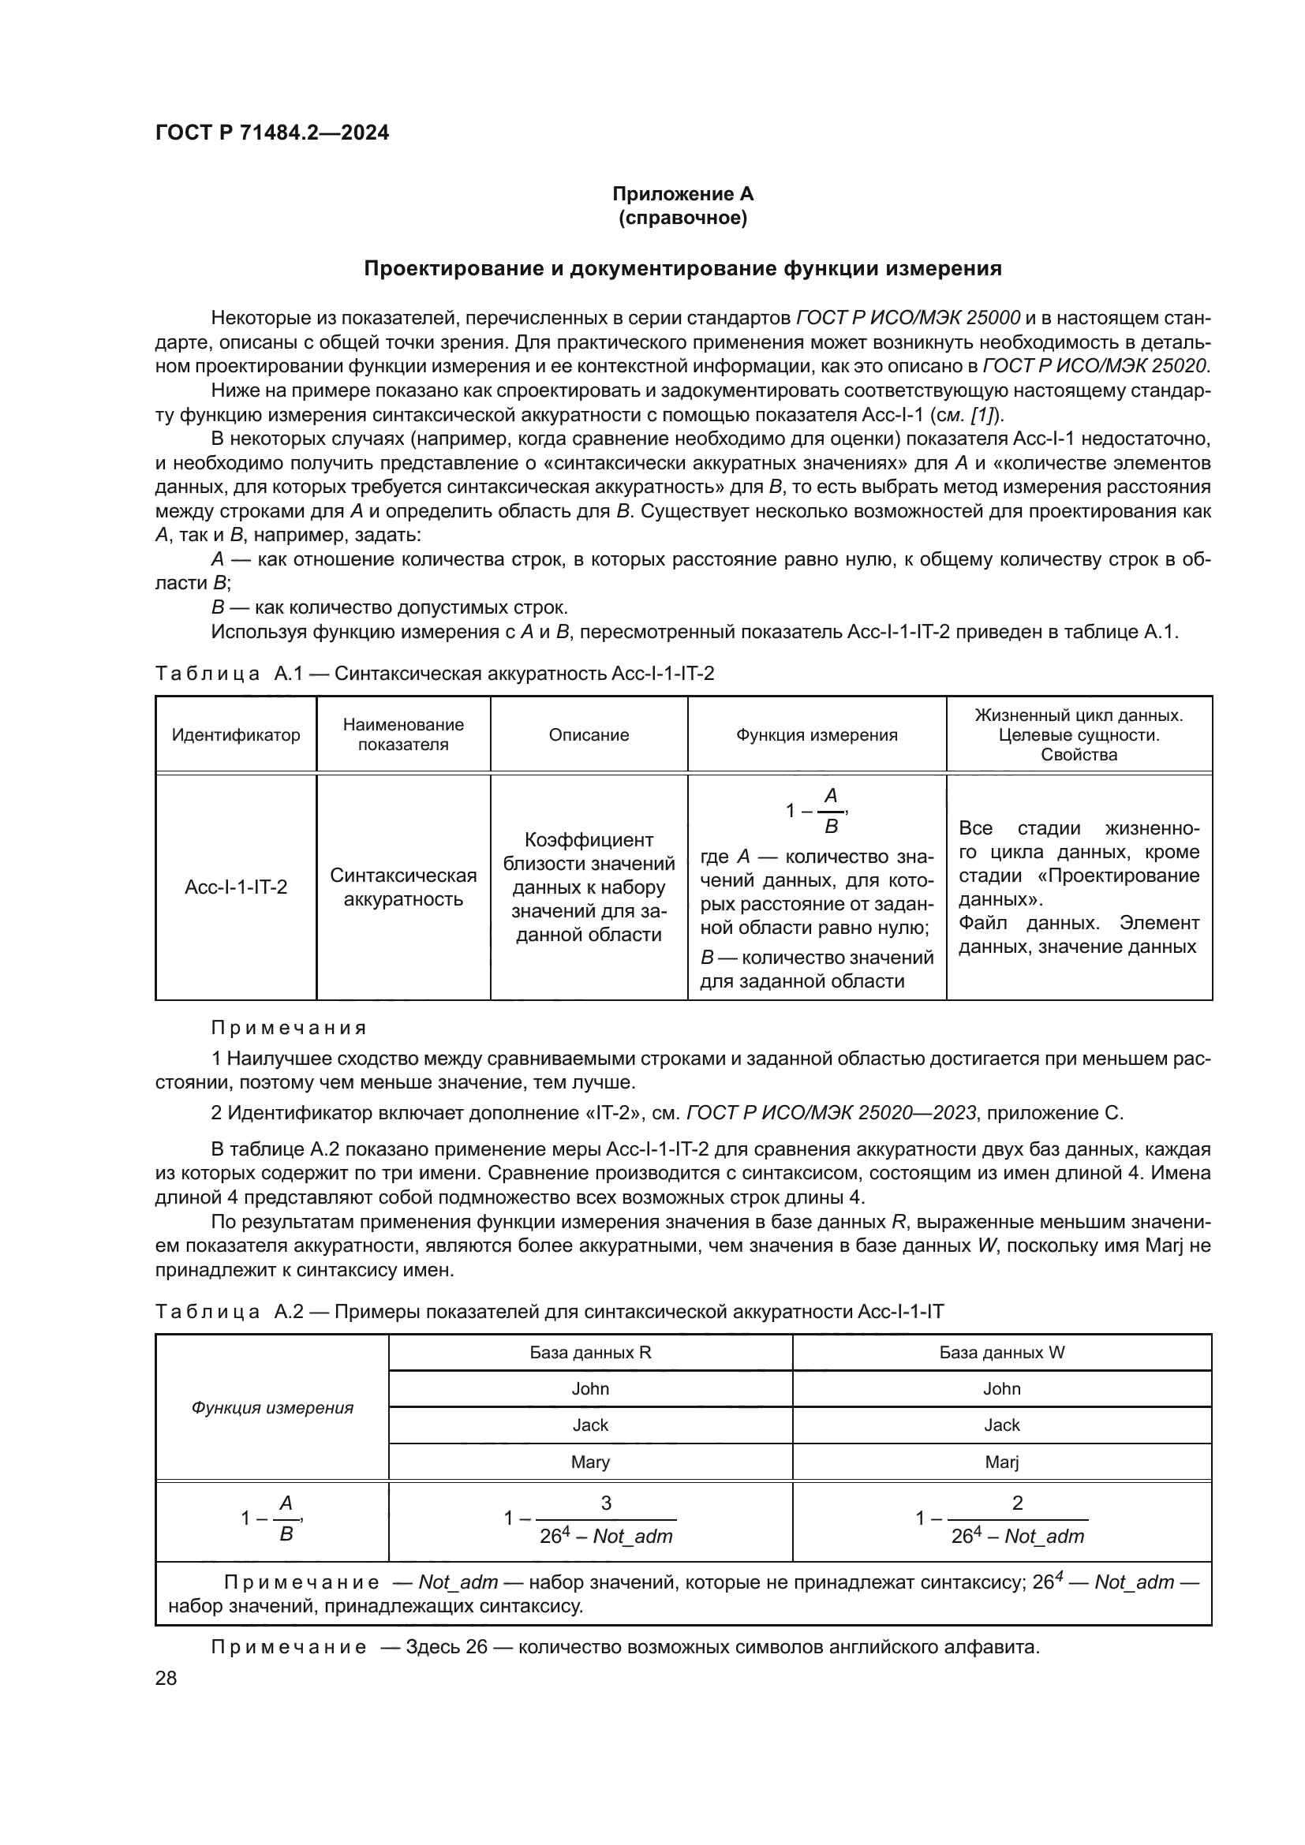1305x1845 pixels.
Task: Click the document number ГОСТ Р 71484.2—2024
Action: [x=271, y=133]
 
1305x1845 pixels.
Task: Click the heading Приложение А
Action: [x=682, y=194]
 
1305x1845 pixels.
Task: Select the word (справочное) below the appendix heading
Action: [x=682, y=218]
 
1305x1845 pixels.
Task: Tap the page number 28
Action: [x=166, y=1678]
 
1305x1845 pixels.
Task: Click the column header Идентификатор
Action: [x=235, y=734]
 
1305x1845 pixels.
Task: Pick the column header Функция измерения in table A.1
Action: [x=817, y=734]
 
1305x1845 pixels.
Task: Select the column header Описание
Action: [x=589, y=734]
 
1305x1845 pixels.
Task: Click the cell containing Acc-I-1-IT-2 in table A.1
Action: [x=235, y=887]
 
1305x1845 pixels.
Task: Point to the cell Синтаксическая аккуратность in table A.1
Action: [x=402, y=887]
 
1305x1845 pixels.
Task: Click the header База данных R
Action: [x=590, y=1353]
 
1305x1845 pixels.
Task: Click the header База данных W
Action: [x=1001, y=1353]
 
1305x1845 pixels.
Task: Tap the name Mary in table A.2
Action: [x=590, y=1462]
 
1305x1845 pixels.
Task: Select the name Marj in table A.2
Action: [x=1001, y=1462]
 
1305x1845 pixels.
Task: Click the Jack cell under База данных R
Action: [x=590, y=1425]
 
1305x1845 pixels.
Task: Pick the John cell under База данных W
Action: [x=1001, y=1388]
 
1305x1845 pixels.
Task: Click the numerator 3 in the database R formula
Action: [x=606, y=1503]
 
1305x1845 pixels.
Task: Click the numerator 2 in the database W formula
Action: [x=1017, y=1503]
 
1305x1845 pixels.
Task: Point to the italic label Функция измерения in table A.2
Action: [x=271, y=1408]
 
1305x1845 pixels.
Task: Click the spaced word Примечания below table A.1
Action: [x=289, y=1028]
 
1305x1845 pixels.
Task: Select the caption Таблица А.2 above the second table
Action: [x=229, y=1312]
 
